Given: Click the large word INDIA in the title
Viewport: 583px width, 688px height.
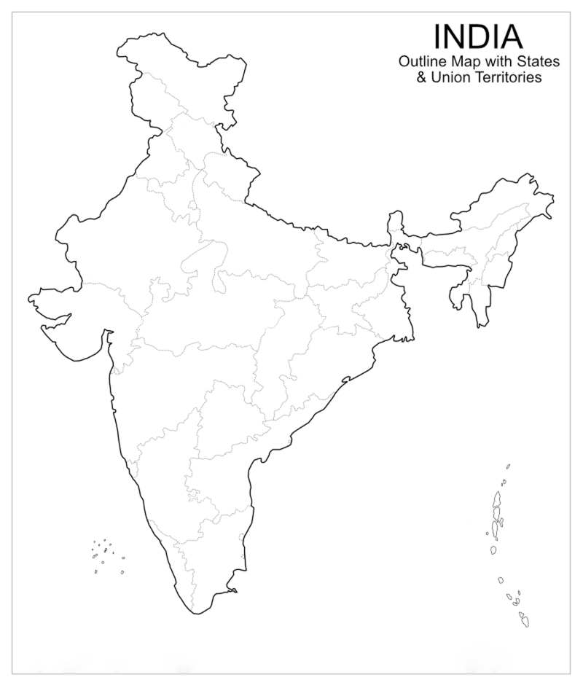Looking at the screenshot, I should point(477,36).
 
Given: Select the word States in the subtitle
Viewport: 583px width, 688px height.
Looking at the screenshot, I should point(539,62).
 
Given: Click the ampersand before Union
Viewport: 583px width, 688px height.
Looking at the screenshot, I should point(421,77).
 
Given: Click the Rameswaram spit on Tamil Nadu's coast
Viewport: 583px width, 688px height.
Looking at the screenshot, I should point(232,588).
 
